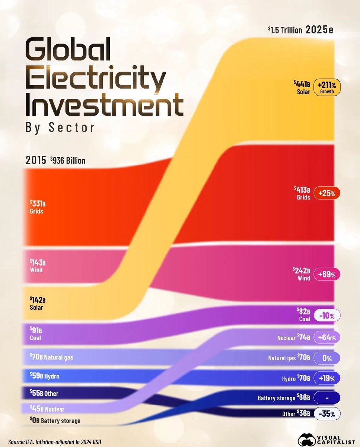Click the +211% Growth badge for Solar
pos(327,88)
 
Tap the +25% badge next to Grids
pos(327,193)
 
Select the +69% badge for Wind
pos(327,275)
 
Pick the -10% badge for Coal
pos(327,316)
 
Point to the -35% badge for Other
pos(327,414)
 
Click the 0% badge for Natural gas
pos(327,358)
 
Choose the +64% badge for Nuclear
pos(327,338)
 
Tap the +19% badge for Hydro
pos(327,378)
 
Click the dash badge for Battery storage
pos(327,398)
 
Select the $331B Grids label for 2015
pos(38,207)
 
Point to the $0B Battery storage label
pos(55,421)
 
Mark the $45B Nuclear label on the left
pos(47,409)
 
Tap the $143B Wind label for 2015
pos(38,266)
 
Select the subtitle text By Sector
pos(60,127)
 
